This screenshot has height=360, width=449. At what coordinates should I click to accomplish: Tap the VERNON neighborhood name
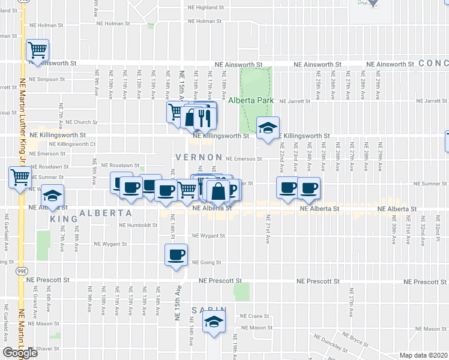pyautogui.click(x=194, y=157)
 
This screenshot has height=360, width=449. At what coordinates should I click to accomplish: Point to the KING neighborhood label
pyautogui.click(x=64, y=219)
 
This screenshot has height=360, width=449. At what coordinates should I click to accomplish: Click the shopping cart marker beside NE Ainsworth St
pyautogui.click(x=37, y=51)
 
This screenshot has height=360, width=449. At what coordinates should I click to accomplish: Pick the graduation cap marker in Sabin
pyautogui.click(x=214, y=322)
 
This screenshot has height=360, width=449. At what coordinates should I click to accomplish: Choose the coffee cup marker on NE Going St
pyautogui.click(x=176, y=255)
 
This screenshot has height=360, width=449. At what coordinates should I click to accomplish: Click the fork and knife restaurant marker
pyautogui.click(x=203, y=118)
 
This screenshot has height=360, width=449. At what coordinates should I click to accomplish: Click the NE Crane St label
pyautogui.click(x=252, y=316)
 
